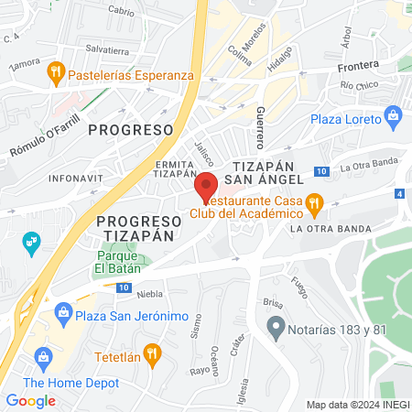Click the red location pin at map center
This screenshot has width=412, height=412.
(x=206, y=186)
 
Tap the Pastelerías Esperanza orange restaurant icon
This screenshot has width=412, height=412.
(x=56, y=70)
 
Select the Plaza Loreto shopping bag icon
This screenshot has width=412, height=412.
(x=394, y=115)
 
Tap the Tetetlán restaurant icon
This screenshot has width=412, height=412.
(x=152, y=350)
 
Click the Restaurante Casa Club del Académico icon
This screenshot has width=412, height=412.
(x=313, y=201)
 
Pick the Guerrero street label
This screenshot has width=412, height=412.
(x=260, y=127)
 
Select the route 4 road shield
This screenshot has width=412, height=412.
(x=399, y=193)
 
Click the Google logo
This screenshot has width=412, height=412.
(x=31, y=400)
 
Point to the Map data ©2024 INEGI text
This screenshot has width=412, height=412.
(x=356, y=405)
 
